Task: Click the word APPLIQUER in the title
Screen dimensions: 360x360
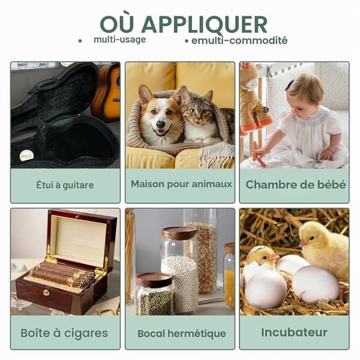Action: pyautogui.click(x=205, y=25)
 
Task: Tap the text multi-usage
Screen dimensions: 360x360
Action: pyautogui.click(x=119, y=40)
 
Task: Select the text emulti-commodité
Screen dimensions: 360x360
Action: pyautogui.click(x=239, y=41)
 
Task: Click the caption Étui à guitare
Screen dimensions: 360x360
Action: pyautogui.click(x=65, y=185)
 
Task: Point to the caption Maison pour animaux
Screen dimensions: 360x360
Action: pyautogui.click(x=181, y=184)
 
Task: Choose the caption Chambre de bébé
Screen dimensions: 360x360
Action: pyautogui.click(x=295, y=185)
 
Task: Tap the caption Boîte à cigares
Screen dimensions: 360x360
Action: pyautogui.click(x=64, y=333)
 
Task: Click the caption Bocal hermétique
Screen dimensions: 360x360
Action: pyautogui.click(x=182, y=334)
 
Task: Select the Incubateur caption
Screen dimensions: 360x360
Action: pyautogui.click(x=294, y=332)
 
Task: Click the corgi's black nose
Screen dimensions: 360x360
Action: pyautogui.click(x=160, y=124)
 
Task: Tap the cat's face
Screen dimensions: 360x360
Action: pyautogui.click(x=198, y=112)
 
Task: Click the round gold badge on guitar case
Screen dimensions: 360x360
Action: pyautogui.click(x=26, y=155)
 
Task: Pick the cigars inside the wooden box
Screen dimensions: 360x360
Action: pyautogui.click(x=64, y=276)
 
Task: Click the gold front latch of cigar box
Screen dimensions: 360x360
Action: pyautogui.click(x=46, y=293)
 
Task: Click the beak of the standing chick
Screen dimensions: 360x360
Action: pyautogui.click(x=302, y=243)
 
